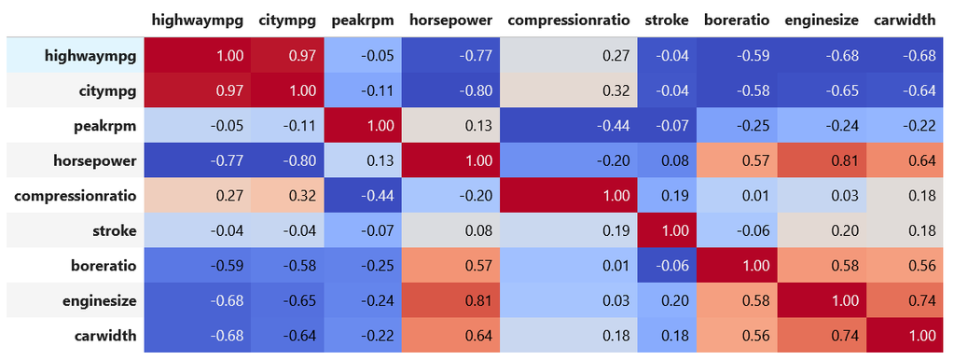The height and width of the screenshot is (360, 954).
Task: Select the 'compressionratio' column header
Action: tap(567, 20)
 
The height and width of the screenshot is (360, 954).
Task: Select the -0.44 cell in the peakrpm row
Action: tap(567, 126)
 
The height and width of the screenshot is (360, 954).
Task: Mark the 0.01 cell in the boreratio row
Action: tap(567, 265)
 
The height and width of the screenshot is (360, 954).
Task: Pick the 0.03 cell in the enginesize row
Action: tap(567, 299)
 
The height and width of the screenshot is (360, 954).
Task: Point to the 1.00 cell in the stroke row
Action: tap(665, 229)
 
